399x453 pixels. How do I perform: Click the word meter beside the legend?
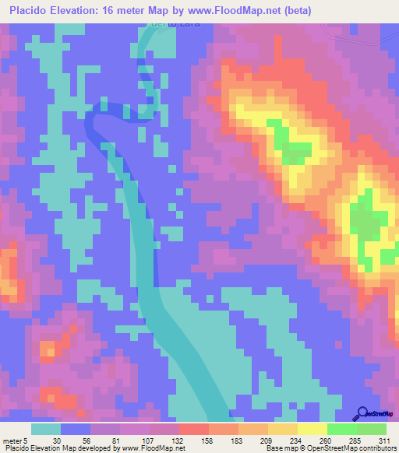tap(12, 440)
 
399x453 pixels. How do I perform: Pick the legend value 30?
tap(58, 440)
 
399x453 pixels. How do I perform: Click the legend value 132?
tap(178, 440)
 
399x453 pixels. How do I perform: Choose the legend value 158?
tap(207, 440)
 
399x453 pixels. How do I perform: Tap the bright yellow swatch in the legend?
tap(312, 429)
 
